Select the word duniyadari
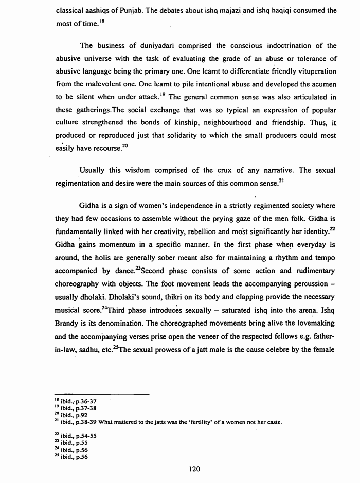(x=165, y=46)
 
